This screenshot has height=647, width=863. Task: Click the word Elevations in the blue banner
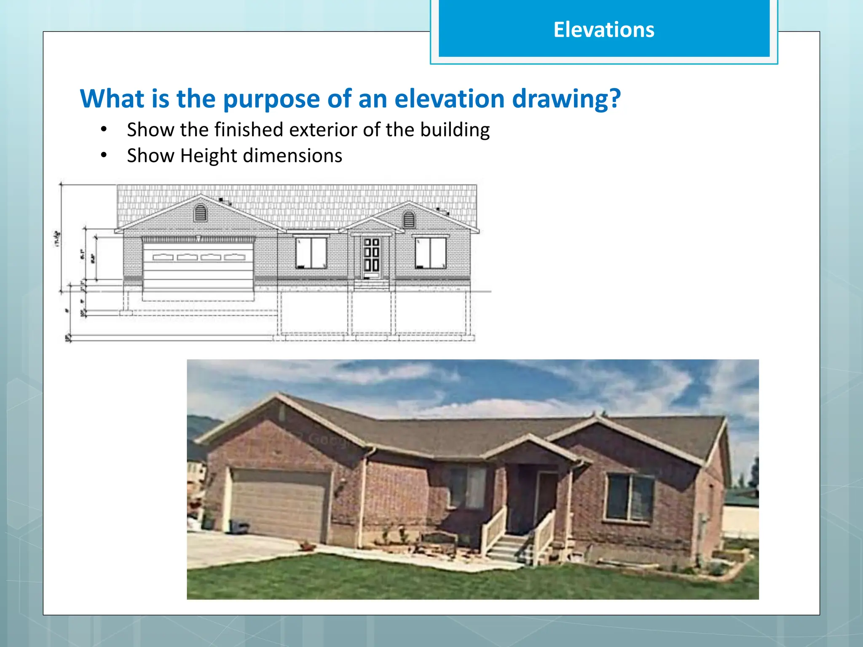coord(603,30)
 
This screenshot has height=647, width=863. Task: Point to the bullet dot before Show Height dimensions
coord(104,155)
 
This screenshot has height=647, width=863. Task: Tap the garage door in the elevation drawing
coord(198,265)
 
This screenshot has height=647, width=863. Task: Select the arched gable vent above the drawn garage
coord(200,213)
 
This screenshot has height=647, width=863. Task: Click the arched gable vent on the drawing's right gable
coord(409,219)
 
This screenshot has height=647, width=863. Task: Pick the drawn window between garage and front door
coord(311,253)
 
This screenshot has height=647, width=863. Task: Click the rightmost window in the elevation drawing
coord(430,253)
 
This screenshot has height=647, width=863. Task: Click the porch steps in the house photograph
coord(508,548)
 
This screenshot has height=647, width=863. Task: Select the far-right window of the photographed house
coord(630,497)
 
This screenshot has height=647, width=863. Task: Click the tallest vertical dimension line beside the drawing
coord(62,236)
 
